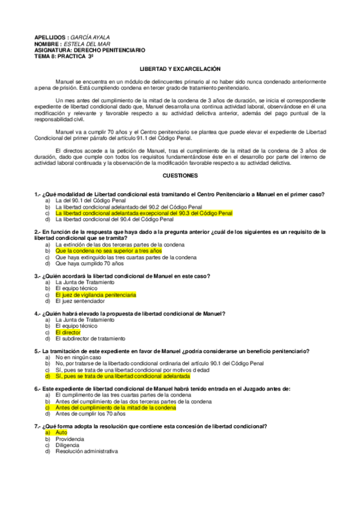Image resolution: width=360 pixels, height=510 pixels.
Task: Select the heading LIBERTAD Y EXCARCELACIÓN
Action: pyautogui.click(x=180, y=70)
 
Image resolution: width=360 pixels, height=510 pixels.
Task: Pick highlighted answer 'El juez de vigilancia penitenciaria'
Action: pyautogui.click(x=95, y=295)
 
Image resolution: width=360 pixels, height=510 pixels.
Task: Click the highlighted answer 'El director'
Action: pyautogui.click(x=67, y=332)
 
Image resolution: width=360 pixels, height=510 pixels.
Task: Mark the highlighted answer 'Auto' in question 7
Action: pyautogui.click(x=61, y=432)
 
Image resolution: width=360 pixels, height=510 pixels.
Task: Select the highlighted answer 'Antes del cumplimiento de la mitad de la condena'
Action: pyautogui.click(x=115, y=407)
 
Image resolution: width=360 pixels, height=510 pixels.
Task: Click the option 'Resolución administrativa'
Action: pyautogui.click(x=87, y=450)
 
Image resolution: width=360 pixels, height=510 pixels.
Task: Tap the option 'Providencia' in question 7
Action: pyautogui.click(x=70, y=438)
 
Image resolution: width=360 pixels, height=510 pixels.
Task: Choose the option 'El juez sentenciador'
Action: pyautogui.click(x=79, y=301)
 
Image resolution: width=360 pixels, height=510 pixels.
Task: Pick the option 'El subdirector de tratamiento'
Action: pyautogui.click(x=90, y=338)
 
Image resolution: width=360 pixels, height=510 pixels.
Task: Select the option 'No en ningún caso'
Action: pyautogui.click(x=78, y=357)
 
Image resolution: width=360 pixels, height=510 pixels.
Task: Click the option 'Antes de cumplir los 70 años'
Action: pyautogui.click(x=90, y=413)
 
